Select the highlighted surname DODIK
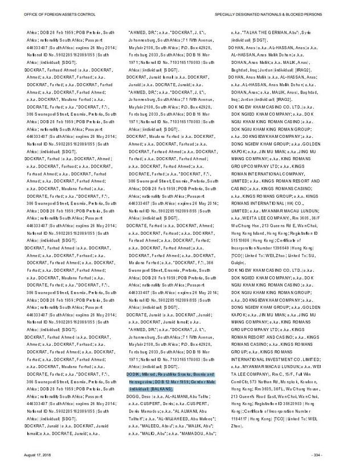(134, 374)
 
